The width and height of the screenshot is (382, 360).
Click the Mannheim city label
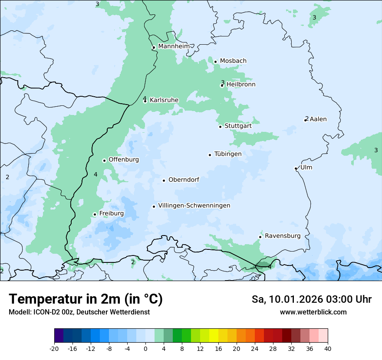[x=174, y=46]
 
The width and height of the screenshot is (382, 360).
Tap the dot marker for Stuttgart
[x=220, y=127]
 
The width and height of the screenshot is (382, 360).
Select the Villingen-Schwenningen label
[x=194, y=206]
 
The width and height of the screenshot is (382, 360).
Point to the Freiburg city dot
[x=95, y=214]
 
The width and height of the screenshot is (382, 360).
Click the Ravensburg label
[x=283, y=236]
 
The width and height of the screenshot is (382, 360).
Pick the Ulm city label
[x=306, y=167]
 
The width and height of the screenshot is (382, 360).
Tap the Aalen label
[x=318, y=119]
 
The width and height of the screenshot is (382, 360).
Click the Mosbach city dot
[x=215, y=62]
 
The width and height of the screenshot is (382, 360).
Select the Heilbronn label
[x=241, y=85]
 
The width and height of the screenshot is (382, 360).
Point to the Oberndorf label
[x=184, y=180]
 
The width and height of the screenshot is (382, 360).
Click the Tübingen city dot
[x=210, y=155]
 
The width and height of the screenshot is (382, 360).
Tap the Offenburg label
[x=124, y=160]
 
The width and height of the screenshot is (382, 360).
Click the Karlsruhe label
[x=164, y=100]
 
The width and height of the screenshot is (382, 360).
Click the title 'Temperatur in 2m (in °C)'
[x=86, y=299]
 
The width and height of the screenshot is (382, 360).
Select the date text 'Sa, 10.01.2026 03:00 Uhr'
[x=311, y=299]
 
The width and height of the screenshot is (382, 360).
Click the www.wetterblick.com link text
[x=313, y=312]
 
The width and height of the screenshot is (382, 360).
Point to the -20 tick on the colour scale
[x=54, y=348]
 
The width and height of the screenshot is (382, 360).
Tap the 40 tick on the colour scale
[x=328, y=348]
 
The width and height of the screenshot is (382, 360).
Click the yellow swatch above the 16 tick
[x=218, y=336]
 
